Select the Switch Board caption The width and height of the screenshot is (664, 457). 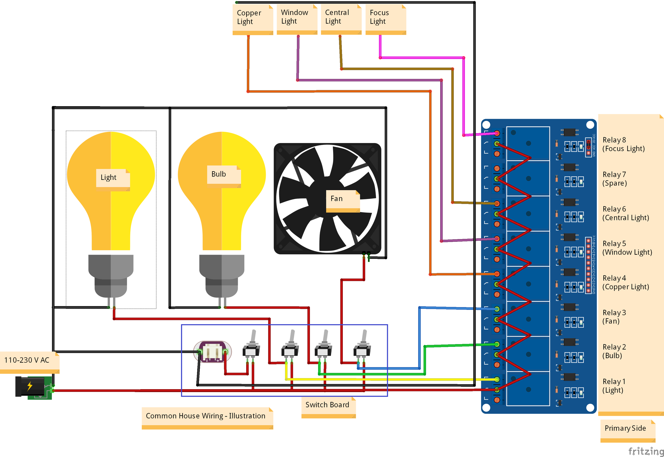[x=328, y=405]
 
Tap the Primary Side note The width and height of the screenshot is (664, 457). [x=626, y=428]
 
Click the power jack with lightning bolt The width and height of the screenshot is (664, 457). [x=33, y=387]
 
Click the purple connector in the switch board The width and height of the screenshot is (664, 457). [x=212, y=352]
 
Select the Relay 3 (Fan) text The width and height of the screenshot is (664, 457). [x=614, y=317]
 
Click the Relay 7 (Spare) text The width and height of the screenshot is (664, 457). [x=615, y=179]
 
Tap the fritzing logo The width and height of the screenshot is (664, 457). [x=646, y=451]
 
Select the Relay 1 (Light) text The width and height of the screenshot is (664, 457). [x=614, y=386]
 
